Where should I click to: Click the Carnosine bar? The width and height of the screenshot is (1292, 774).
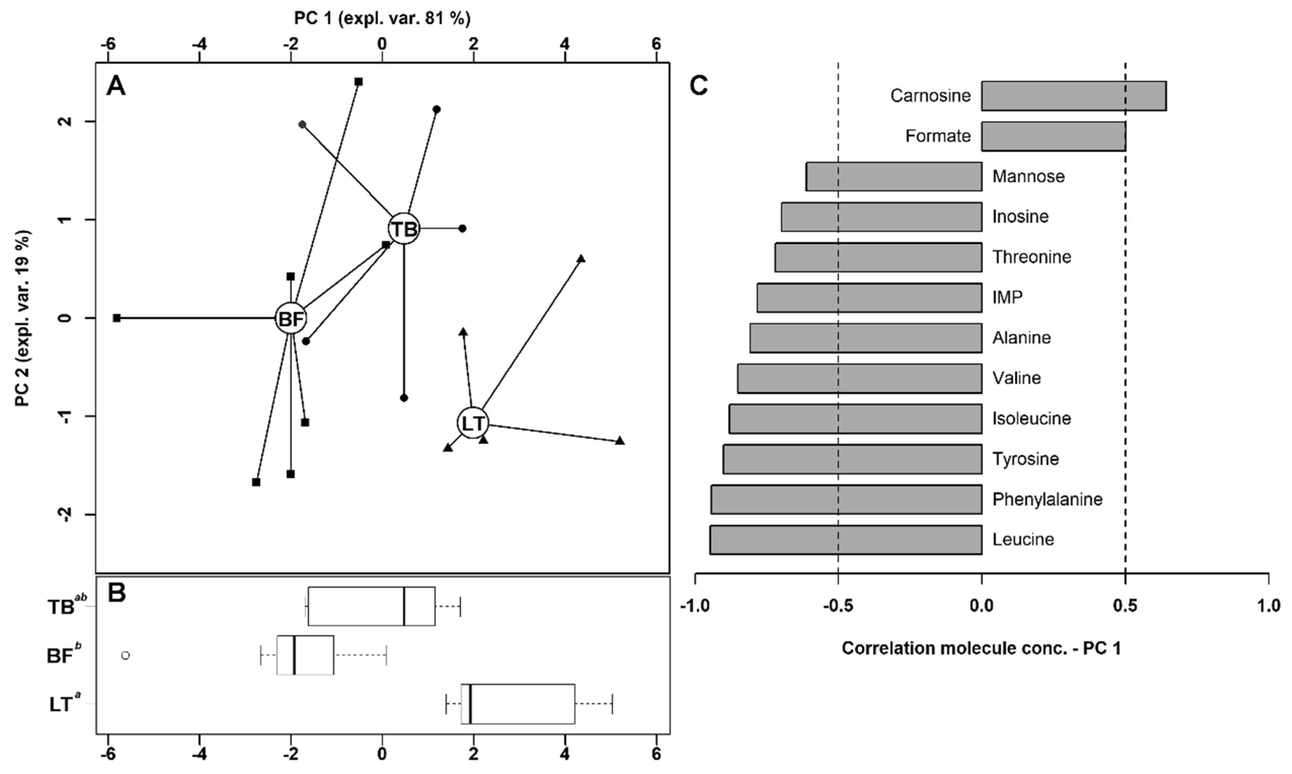click(x=1073, y=96)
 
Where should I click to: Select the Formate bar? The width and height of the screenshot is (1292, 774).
click(x=1053, y=136)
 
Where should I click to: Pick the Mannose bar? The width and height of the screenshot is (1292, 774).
click(x=893, y=176)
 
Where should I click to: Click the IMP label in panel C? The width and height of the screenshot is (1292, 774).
click(x=1007, y=297)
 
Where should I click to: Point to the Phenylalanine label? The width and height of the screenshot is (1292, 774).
click(x=1047, y=499)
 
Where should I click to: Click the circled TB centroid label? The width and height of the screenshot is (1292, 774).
click(x=404, y=229)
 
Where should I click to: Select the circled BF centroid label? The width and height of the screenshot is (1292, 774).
click(x=291, y=318)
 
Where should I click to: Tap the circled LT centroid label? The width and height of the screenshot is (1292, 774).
click(x=473, y=423)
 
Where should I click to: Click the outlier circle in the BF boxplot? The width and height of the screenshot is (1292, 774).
click(x=125, y=656)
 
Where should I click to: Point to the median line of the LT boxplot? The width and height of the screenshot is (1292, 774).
click(x=470, y=704)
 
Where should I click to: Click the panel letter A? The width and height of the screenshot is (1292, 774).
click(x=116, y=86)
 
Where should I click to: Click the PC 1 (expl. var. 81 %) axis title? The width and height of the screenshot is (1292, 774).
click(x=382, y=19)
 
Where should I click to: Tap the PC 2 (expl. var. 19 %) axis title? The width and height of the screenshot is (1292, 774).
click(x=22, y=318)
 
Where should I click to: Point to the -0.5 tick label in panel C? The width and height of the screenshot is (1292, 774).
click(x=838, y=606)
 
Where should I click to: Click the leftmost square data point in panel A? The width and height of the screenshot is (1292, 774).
click(x=117, y=318)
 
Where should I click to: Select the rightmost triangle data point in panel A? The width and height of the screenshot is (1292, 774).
click(x=620, y=441)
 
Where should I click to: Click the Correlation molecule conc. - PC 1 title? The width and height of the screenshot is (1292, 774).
click(x=981, y=648)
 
